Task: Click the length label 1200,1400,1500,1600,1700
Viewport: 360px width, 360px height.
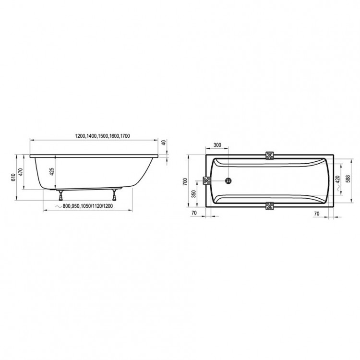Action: click(x=102, y=136)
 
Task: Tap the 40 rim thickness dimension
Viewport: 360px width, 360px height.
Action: click(x=164, y=143)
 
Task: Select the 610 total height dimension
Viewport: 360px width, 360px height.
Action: click(x=13, y=177)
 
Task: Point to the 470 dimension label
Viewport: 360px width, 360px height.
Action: click(x=21, y=172)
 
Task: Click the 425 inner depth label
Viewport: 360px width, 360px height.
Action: click(x=52, y=171)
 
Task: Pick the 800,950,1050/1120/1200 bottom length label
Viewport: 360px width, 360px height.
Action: click(x=88, y=206)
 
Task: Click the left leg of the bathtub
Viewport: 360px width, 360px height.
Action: click(x=60, y=195)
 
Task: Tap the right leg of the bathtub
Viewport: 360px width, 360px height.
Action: click(x=114, y=195)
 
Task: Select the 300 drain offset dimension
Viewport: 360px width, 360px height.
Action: click(x=217, y=145)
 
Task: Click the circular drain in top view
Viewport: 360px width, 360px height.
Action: click(x=228, y=180)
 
